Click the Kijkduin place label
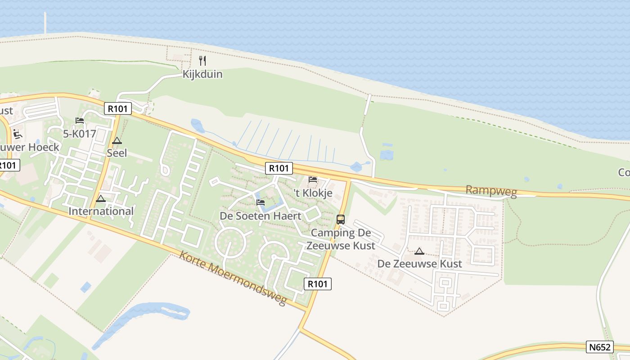(x=202, y=74)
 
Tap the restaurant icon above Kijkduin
(x=202, y=61)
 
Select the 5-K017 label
(x=80, y=134)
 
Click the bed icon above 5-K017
(x=80, y=121)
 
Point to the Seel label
(x=117, y=153)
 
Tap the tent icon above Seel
(x=117, y=140)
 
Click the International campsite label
(x=101, y=211)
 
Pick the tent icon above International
(x=101, y=198)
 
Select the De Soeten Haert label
(x=261, y=216)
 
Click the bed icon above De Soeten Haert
(x=261, y=202)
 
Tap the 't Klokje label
(x=313, y=193)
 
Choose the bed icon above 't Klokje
(x=313, y=180)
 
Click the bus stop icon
(x=341, y=220)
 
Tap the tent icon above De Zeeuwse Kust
(x=419, y=251)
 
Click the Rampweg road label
(x=491, y=191)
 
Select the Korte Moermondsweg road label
(x=233, y=278)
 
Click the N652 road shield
(x=600, y=347)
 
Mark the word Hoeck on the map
(x=44, y=147)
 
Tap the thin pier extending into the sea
(x=45, y=22)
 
